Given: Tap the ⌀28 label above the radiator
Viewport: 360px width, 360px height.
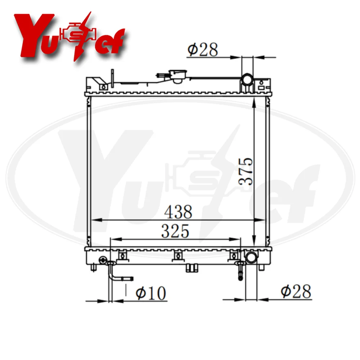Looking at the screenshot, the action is coord(202,49).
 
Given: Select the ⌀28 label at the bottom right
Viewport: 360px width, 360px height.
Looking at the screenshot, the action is coord(296,291).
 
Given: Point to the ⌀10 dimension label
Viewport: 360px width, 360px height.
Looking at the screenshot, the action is coord(150,293).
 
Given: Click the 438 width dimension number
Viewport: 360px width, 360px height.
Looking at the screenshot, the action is coord(178,212).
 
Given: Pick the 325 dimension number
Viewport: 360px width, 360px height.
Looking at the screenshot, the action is coord(175,231).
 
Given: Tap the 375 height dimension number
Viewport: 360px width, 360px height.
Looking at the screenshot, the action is coord(246,171).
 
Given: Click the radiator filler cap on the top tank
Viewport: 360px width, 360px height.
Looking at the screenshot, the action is coord(177,76).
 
